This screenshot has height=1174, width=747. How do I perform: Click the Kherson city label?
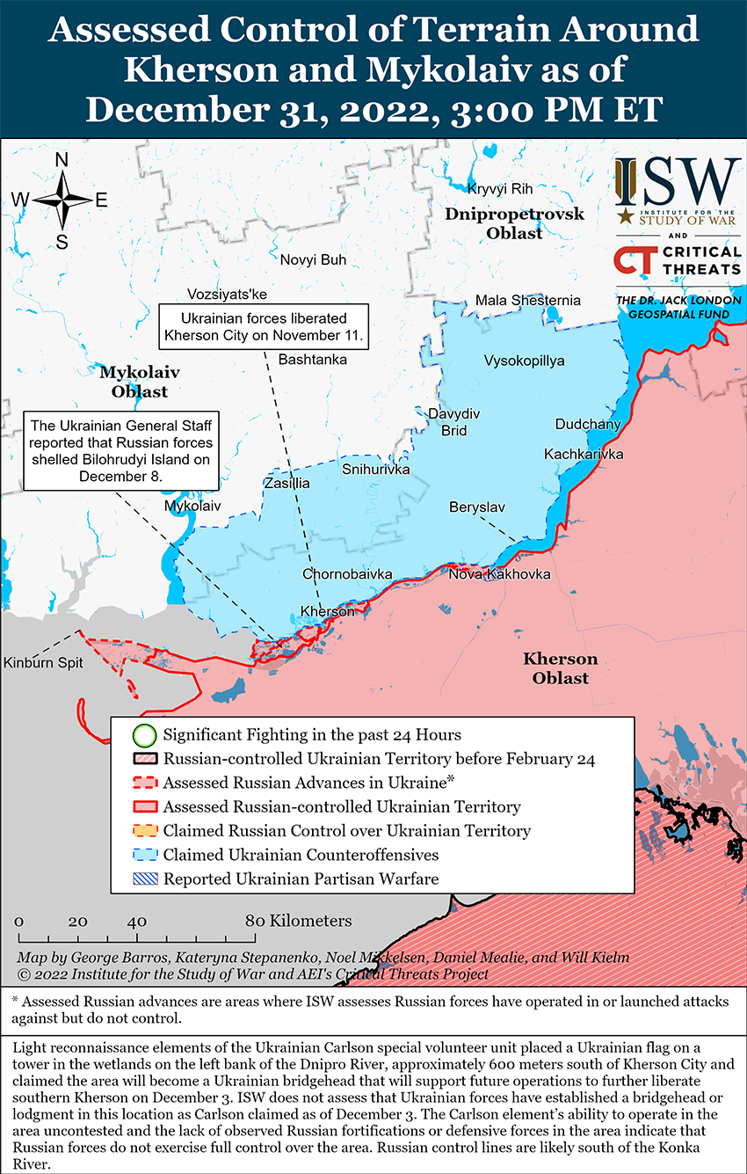[x=327, y=611]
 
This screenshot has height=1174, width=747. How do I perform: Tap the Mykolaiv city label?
[x=192, y=507]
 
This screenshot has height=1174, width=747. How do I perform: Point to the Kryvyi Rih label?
[x=500, y=189]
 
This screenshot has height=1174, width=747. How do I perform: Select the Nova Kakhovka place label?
[x=499, y=574]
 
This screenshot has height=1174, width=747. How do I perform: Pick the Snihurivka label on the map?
[x=376, y=470]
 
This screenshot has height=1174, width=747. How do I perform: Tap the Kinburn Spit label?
[x=42, y=662]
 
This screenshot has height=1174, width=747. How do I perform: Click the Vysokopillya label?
[x=524, y=361]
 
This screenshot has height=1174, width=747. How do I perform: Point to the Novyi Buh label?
[x=313, y=259]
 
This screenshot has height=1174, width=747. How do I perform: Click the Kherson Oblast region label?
[x=560, y=668]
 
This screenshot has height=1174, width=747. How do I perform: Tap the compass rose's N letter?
[x=62, y=160]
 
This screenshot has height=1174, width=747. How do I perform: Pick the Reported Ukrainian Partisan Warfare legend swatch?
[x=145, y=879]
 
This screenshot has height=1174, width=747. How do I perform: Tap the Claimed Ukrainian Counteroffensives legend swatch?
[x=145, y=855]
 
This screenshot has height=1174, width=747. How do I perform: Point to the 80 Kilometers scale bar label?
[x=299, y=921]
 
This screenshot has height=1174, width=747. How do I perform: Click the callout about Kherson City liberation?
[x=264, y=326]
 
